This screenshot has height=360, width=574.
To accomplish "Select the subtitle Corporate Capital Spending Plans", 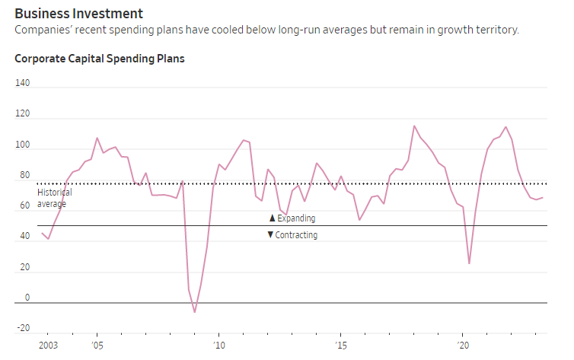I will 100,59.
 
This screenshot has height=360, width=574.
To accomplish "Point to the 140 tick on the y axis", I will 22,83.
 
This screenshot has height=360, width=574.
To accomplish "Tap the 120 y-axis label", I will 22,114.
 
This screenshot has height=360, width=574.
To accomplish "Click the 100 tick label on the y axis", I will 22,145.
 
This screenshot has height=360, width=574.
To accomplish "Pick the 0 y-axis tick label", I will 27,298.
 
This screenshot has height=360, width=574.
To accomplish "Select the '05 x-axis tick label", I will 97,346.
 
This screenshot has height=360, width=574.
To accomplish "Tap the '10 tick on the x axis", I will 218,346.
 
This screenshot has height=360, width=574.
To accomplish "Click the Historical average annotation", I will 54,198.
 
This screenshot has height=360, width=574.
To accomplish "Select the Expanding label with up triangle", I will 292,218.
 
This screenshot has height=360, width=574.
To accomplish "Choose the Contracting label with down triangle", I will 292,235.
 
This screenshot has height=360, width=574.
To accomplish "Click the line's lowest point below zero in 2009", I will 194,312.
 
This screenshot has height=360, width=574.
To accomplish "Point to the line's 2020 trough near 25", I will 469,263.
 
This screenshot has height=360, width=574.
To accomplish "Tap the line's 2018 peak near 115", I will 413,126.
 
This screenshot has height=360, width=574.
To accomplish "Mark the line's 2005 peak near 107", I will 97,138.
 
